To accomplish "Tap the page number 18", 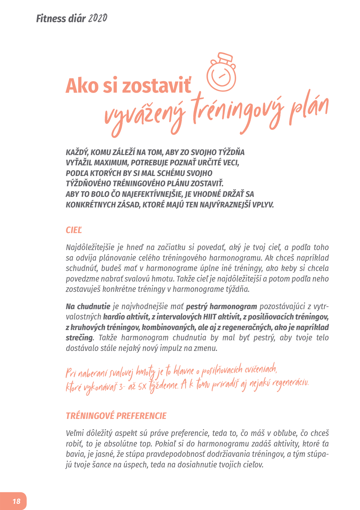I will [16, 501].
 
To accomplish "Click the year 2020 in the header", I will [97, 19].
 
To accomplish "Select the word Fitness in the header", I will [51, 19].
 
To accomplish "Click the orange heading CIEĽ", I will [73, 230].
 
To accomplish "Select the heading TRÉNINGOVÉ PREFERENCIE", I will [116, 416].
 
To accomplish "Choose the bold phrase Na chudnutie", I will [88, 306].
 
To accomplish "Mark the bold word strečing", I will [79, 338].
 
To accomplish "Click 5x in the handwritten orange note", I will [142, 387].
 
